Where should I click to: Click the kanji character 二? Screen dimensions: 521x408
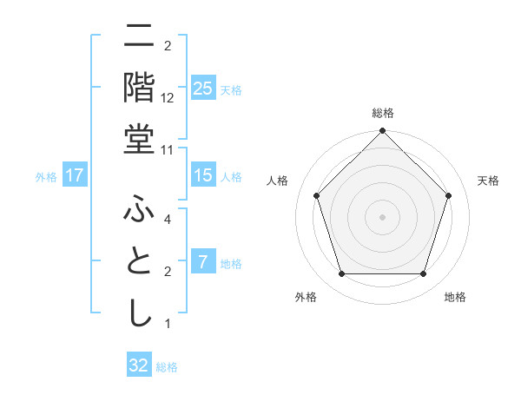139,36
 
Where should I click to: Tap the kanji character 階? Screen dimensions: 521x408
139,87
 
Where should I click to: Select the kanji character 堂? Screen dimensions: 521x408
139,139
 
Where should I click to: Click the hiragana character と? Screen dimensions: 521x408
139,262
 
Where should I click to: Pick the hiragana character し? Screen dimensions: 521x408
139,313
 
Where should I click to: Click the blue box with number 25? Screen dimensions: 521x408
202,89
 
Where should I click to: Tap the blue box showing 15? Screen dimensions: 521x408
202,175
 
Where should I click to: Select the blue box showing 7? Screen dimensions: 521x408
202,262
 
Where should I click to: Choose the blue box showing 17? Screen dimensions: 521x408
75,175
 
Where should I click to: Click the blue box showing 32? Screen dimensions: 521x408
139,365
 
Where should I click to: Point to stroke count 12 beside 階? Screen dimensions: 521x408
168,98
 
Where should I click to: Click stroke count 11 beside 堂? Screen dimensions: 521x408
168,149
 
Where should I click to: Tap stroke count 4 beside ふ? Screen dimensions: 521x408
168,220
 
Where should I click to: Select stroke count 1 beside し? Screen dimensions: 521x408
168,324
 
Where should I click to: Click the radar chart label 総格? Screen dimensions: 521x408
383,113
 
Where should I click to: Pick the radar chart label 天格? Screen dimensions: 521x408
488,181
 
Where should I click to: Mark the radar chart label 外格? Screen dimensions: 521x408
305,298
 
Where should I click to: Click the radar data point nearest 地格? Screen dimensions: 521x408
423,274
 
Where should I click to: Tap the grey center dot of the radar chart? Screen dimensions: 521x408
382,216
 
